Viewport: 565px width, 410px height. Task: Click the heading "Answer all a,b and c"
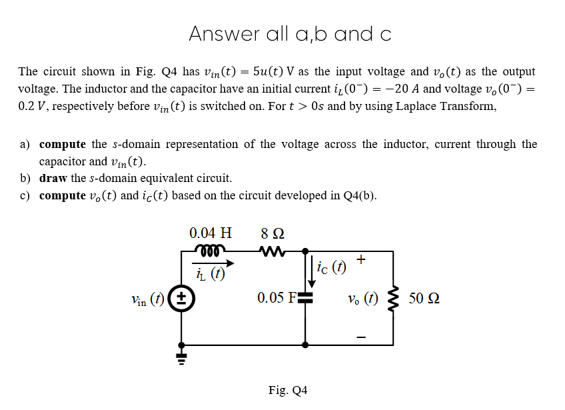pyautogui.click(x=290, y=33)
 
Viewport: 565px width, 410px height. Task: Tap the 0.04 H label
pyautogui.click(x=211, y=233)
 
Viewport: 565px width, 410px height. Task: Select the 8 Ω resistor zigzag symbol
pyautogui.click(x=273, y=251)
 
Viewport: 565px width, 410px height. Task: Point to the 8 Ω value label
pyautogui.click(x=273, y=233)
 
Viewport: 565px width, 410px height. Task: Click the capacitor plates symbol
pyautogui.click(x=306, y=297)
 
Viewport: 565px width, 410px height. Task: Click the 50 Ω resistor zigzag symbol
pyautogui.click(x=393, y=299)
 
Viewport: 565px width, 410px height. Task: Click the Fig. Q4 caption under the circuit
pyautogui.click(x=288, y=390)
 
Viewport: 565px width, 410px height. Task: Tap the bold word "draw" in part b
pyautogui.click(x=52, y=179)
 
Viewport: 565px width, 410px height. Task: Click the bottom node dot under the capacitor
pyautogui.click(x=306, y=345)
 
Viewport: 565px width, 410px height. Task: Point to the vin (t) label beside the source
pyautogui.click(x=148, y=298)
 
